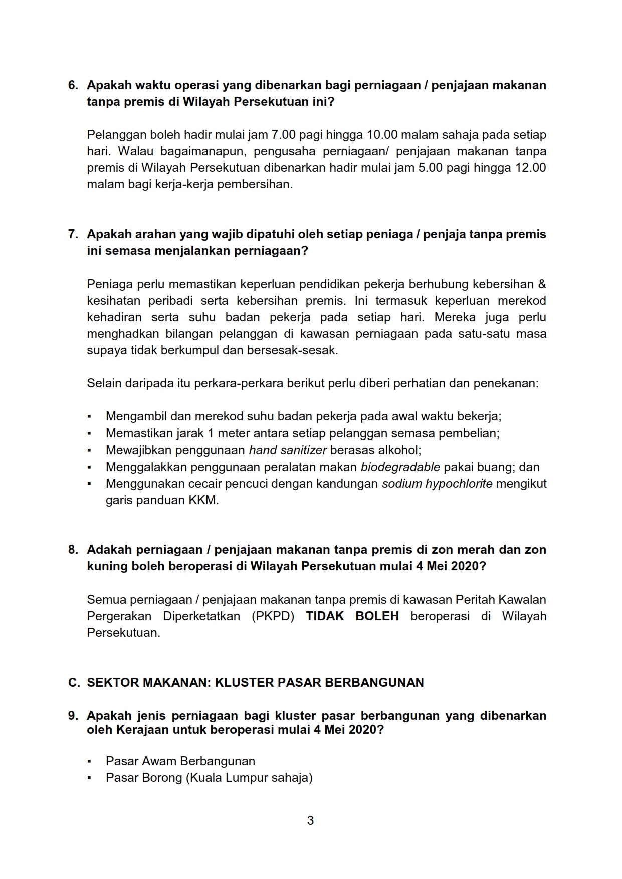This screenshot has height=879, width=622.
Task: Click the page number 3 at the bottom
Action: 310,820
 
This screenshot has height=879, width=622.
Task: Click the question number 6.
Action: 73,85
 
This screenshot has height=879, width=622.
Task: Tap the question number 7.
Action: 73,234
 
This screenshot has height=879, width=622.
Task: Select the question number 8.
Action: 73,550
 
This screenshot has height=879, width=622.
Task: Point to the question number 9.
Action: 73,716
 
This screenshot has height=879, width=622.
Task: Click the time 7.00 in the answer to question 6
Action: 284,135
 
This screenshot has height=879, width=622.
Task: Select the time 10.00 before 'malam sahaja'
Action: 382,135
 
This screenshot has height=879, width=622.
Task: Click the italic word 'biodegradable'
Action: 400,467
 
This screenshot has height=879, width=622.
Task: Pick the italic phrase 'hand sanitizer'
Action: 288,450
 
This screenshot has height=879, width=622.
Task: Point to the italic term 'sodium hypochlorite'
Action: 437,484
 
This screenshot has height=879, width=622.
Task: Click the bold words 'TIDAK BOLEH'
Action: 352,616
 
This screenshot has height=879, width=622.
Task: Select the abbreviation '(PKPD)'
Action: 273,616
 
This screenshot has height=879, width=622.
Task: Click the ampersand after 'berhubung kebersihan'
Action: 542,284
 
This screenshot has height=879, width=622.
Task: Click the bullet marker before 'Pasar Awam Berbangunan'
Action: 89,761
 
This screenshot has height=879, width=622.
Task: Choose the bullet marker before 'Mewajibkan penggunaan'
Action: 89,451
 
